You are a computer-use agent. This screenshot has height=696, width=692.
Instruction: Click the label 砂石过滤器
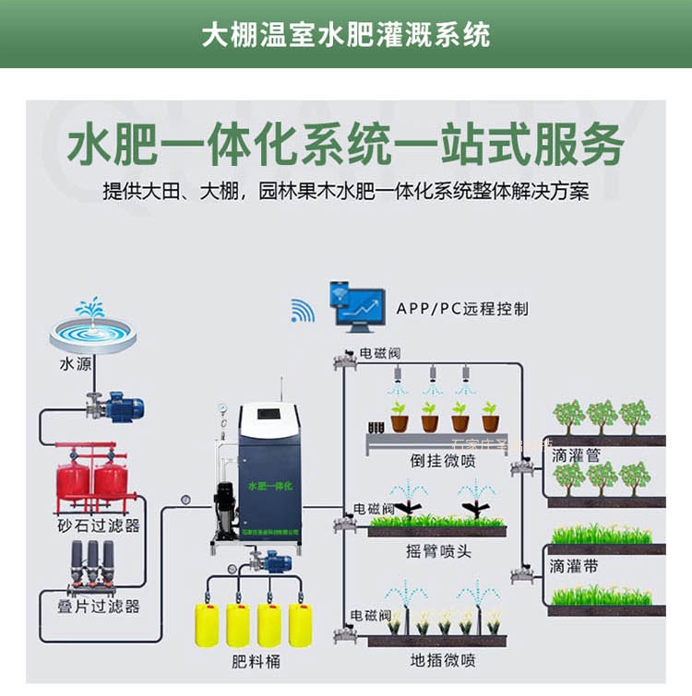click(x=98, y=525)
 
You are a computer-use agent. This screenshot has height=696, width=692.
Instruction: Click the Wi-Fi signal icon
click(x=303, y=311)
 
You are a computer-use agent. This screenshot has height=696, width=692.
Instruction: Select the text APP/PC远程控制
click(x=462, y=309)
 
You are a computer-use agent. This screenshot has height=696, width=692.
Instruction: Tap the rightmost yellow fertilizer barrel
click(x=301, y=623)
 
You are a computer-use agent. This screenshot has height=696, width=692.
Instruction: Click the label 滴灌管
click(x=576, y=455)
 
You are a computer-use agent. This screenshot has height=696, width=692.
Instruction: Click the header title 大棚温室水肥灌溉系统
click(x=346, y=34)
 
